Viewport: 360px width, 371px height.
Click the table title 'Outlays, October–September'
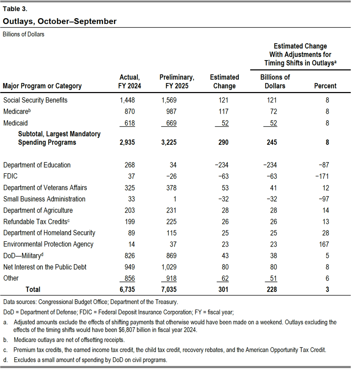click(60, 21)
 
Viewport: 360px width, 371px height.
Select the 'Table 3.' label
click(15, 9)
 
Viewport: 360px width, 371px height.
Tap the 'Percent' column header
click(327, 86)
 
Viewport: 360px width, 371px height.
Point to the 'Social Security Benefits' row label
click(35, 100)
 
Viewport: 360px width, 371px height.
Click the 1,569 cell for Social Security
click(169, 100)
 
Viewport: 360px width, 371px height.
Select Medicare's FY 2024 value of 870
click(127, 112)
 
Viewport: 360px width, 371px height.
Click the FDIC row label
click(10, 176)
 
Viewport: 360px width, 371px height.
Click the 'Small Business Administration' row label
click(44, 199)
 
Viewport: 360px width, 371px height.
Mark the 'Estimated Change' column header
click(225, 82)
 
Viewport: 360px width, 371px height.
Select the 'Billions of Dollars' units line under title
click(24, 34)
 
